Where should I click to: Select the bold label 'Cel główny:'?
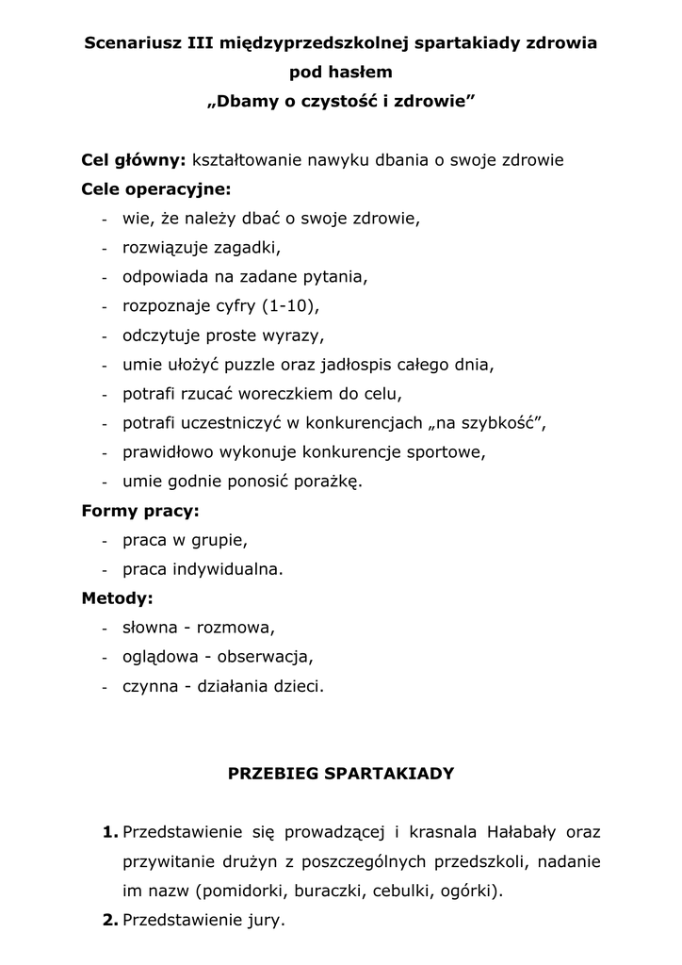pos(134,160)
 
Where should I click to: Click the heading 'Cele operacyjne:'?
pos(156,189)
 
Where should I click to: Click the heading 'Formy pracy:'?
pos(140,512)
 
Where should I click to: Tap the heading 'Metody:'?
pos(118,598)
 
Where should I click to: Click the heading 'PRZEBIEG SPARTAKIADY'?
pos(341,774)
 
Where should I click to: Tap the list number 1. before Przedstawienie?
pos(110,832)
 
